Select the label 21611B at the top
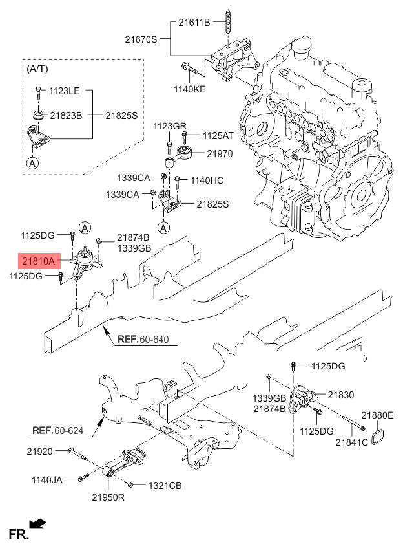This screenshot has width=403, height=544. pos(194,23)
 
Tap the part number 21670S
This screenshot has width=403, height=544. pos(141,39)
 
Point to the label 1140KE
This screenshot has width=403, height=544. pos(189,89)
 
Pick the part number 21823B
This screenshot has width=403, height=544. pos(66,115)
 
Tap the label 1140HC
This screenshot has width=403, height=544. pos(207,180)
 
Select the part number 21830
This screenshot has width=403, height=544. pos(340,394)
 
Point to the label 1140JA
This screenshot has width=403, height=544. pos(46,479)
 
